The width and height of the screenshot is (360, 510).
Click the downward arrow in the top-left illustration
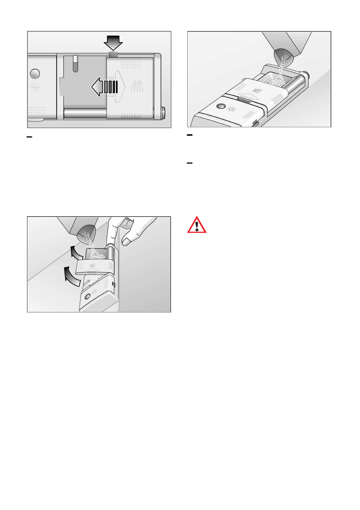coord(114,43)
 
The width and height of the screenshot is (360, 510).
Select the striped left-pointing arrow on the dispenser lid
coord(104,88)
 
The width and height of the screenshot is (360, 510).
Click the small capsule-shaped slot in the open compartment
coord(75,63)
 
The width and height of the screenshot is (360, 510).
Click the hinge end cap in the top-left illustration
coord(163,112)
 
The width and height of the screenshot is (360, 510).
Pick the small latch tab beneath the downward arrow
coord(114,54)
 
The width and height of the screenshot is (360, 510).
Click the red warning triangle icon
coord(196,225)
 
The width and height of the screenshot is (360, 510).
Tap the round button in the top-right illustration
coord(222,106)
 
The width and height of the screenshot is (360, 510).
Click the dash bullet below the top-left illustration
coord(30,137)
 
